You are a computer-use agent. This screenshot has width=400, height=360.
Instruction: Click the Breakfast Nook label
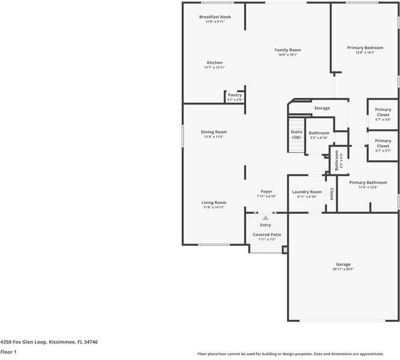pos(215,17)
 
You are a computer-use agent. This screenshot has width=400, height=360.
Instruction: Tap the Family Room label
pos(288,50)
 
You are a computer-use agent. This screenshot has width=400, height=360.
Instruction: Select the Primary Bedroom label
pos(365,47)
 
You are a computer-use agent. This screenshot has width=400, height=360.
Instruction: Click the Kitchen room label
pos(214,62)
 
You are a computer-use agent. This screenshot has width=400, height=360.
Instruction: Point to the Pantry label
pos(234,95)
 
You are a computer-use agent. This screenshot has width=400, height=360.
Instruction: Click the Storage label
pos(322,108)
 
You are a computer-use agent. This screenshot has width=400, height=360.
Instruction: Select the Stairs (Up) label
pos(296,134)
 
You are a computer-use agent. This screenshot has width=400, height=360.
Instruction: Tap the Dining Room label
pos(213,132)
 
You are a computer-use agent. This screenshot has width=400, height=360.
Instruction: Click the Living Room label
pos(213,203)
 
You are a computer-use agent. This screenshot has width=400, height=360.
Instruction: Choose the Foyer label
pos(266,191)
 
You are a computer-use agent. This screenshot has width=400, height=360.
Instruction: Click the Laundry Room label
pos(307,192)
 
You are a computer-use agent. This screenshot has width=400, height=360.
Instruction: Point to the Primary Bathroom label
pos(368,182)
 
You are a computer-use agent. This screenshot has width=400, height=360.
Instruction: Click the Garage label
pos(343,265)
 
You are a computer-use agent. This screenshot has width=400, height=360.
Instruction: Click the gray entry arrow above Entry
pos(265,218)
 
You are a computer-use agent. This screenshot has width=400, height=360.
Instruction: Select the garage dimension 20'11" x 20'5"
pos(343,269)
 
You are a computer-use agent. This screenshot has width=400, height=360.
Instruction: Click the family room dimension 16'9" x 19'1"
pos(288,55)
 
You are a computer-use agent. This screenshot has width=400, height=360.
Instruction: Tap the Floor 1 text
pos(8,352)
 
